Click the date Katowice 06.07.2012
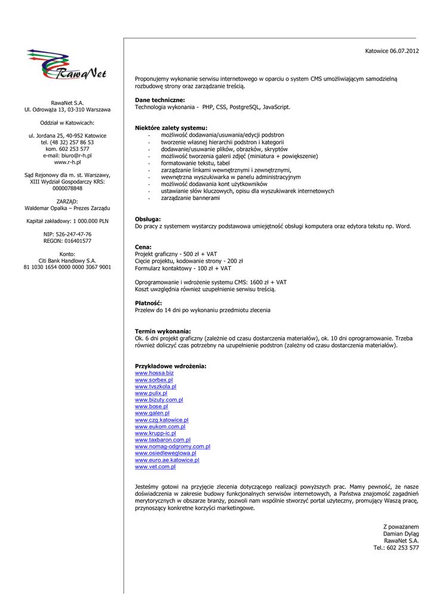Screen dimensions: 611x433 (392, 51)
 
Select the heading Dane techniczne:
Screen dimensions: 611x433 (159, 100)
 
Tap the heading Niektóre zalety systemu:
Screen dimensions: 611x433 (171, 128)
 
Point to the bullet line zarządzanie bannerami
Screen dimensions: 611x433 (190, 198)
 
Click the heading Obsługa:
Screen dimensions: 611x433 (148, 220)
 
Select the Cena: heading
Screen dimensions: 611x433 (143, 247)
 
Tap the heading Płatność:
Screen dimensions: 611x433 (148, 303)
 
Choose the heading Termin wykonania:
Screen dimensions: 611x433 (163, 331)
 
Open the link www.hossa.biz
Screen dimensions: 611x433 (154, 373)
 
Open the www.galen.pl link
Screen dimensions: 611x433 (152, 413)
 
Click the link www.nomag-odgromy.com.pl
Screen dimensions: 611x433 (173, 446)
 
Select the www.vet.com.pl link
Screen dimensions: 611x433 (155, 467)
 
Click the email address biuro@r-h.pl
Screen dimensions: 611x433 (76, 155)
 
